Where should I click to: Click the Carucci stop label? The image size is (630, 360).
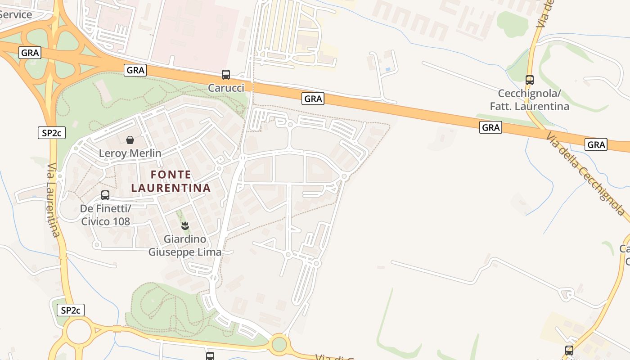point(226,88)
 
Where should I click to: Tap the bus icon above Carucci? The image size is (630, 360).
point(226,75)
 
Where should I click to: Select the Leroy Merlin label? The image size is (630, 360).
point(130,153)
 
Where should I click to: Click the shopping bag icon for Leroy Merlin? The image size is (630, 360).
point(130,140)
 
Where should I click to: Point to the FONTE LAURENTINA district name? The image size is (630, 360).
point(171,181)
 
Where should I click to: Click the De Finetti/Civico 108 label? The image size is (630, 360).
point(105,215)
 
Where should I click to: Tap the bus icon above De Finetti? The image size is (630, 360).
point(105,195)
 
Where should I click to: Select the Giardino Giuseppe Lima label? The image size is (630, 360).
point(185,245)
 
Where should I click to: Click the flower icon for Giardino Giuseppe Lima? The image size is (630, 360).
point(184,225)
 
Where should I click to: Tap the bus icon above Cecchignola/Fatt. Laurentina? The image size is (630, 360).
point(530,80)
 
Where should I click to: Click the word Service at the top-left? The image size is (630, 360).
point(16,14)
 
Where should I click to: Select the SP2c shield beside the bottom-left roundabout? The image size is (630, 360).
point(71,310)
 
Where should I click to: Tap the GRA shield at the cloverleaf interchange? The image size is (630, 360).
point(30,53)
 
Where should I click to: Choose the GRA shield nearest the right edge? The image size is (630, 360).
point(596,144)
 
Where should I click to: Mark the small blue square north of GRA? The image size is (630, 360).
point(388,70)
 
